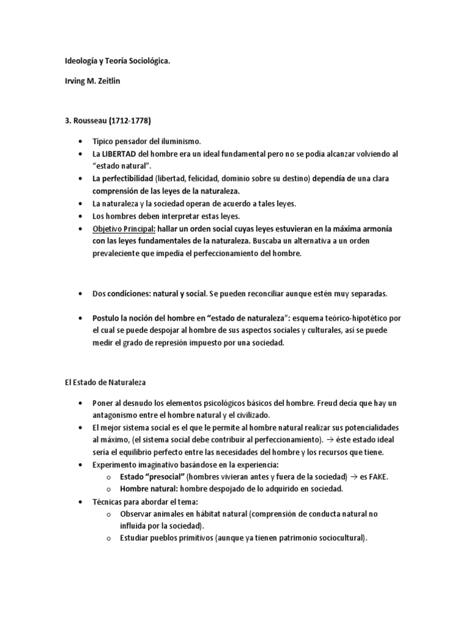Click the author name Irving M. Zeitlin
point(93,81)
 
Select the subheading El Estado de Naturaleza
point(103,383)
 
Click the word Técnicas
point(109,501)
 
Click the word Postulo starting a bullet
point(106,318)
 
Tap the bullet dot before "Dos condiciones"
point(80,293)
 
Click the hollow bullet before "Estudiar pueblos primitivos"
point(107,538)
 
